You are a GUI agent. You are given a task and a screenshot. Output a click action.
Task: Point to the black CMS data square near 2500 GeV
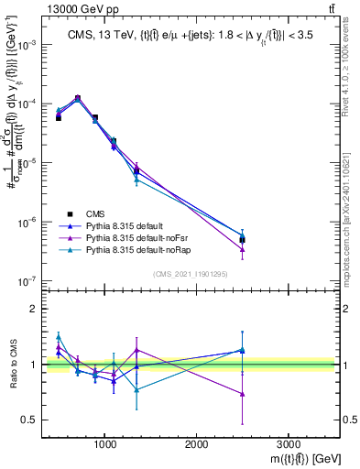tap(242, 240)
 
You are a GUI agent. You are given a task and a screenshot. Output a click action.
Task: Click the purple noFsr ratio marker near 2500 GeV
tap(242, 394)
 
